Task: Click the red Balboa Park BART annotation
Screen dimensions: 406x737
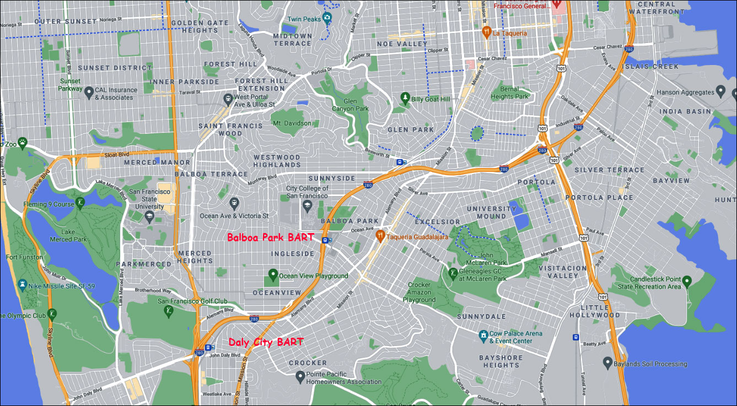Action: click(x=271, y=238)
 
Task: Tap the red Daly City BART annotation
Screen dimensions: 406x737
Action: click(x=266, y=342)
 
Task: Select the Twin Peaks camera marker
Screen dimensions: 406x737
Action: click(x=327, y=19)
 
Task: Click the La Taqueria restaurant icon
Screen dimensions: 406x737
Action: click(x=486, y=33)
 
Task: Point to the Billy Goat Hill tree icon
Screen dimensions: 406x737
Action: click(x=405, y=99)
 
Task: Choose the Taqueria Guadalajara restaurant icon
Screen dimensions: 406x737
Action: click(x=380, y=236)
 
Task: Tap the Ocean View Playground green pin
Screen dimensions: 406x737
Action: click(x=272, y=275)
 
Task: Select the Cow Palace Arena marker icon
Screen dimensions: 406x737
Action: click(x=483, y=334)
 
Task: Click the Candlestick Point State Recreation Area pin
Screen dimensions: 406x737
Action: click(x=686, y=285)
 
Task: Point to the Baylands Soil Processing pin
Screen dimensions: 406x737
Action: click(x=607, y=363)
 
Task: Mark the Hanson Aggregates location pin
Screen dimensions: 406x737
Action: click(x=720, y=91)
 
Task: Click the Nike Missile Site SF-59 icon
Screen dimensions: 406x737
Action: click(x=22, y=285)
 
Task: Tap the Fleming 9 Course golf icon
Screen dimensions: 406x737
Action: click(x=80, y=203)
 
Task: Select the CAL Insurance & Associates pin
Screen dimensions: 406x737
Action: click(x=89, y=94)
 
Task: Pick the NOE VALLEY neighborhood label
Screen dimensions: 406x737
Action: click(x=402, y=44)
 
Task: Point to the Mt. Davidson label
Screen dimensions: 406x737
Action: click(x=292, y=123)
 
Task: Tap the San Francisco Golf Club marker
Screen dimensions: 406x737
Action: click(x=169, y=311)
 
